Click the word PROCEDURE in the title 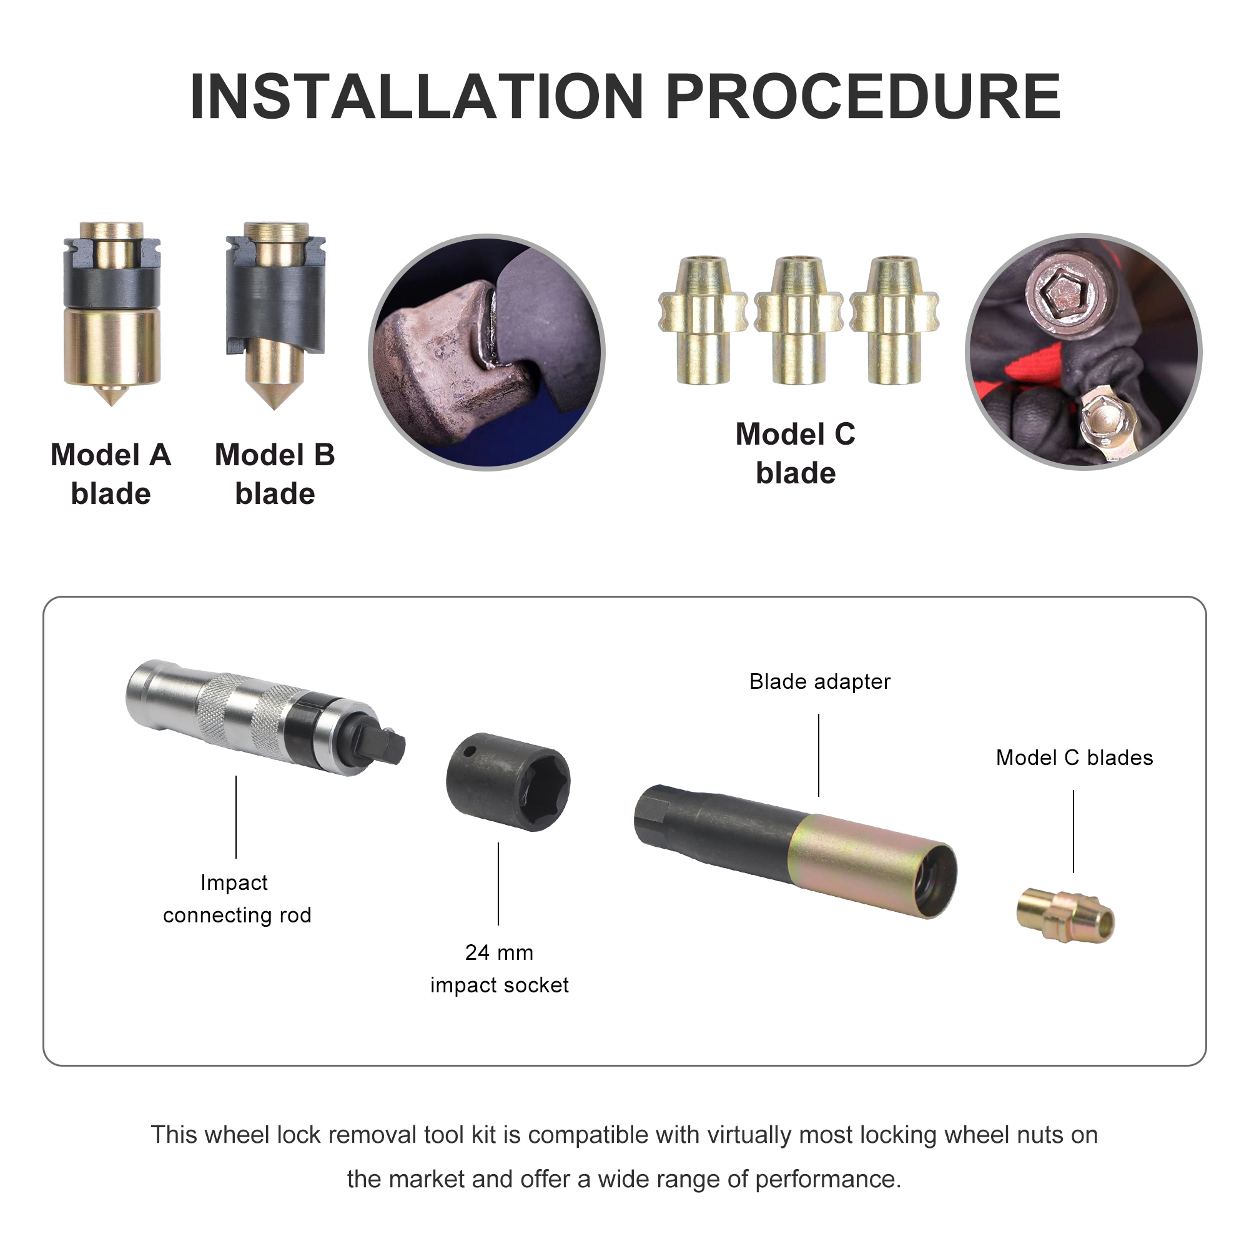863,96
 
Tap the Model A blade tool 112,313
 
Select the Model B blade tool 275,315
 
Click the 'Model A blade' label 111,474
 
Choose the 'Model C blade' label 795,453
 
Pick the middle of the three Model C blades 798,320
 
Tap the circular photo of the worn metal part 486,352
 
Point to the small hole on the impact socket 470,751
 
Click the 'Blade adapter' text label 820,681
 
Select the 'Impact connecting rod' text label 237,899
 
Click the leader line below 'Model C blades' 1074,831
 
